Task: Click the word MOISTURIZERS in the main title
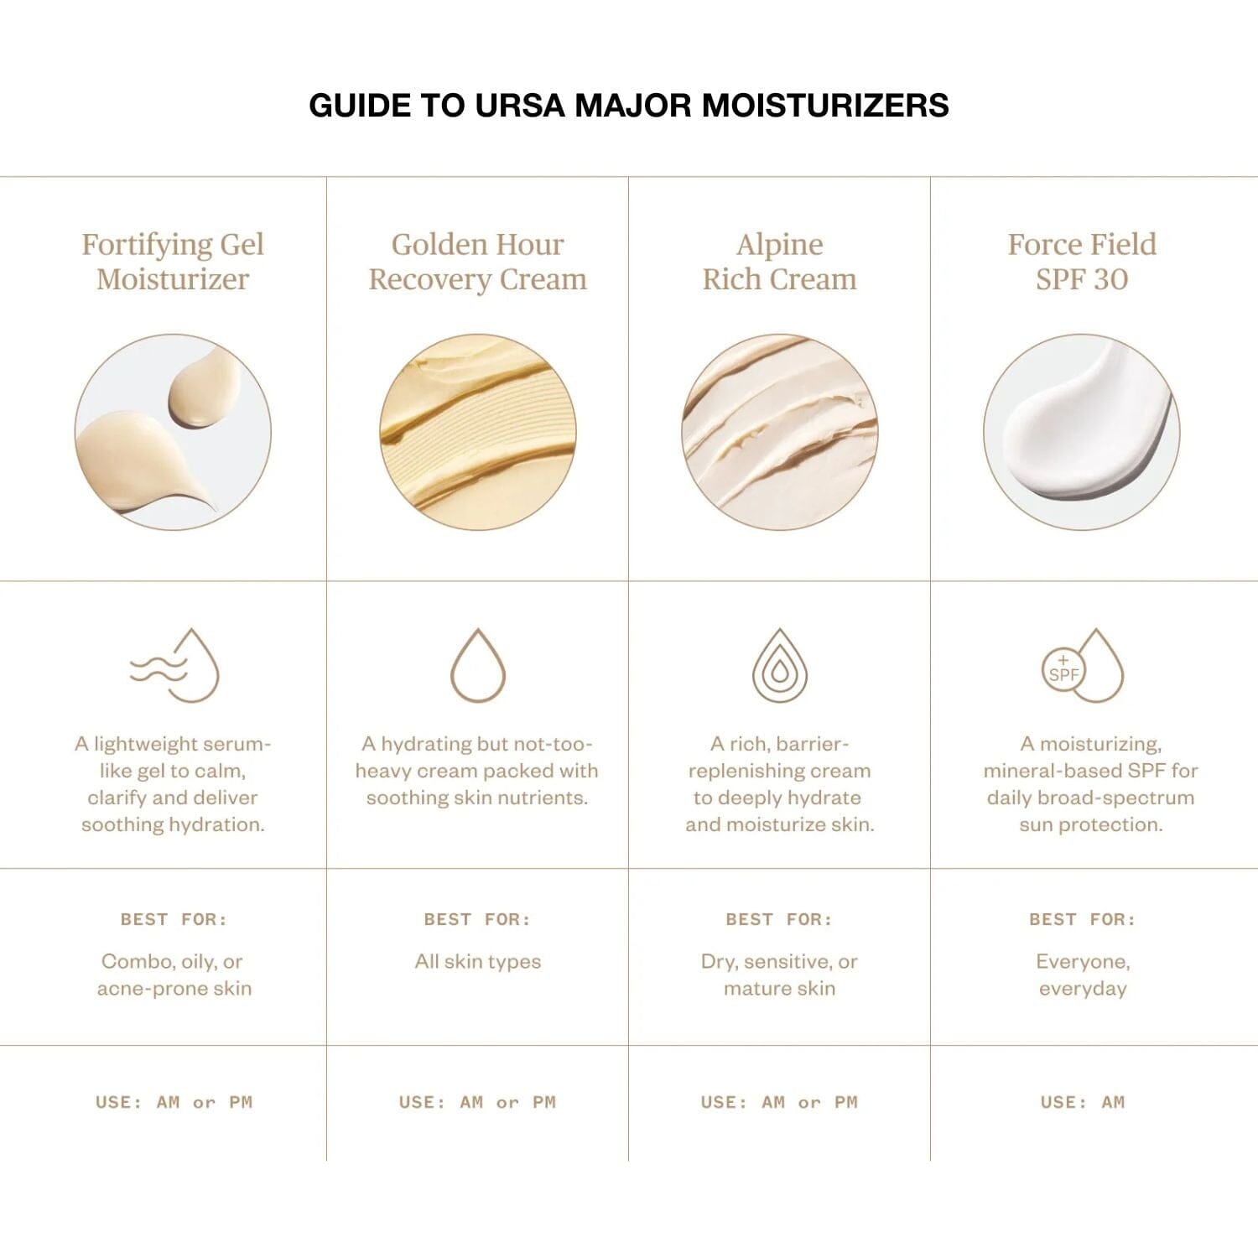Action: coord(824,106)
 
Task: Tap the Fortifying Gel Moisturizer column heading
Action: coord(173,262)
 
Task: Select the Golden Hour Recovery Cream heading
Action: coord(478,262)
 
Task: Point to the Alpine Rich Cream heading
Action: coord(780,262)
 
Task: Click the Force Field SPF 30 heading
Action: coord(1082,262)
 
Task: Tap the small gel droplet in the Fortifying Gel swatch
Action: coord(204,390)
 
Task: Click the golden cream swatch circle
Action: coord(478,432)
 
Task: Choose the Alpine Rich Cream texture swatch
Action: coord(780,432)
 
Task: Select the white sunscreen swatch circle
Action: coord(1082,432)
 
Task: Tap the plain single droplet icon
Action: coord(478,666)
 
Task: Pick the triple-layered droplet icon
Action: coord(780,666)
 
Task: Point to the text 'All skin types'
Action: coord(478,962)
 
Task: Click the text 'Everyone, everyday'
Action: coord(1083,975)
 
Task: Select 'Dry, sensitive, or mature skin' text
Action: coord(780,975)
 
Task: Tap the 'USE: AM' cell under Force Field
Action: coord(1083,1102)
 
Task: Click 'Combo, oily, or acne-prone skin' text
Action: coord(174,975)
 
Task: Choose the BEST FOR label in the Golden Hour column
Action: coord(477,920)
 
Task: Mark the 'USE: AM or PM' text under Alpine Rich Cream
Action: coord(780,1102)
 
